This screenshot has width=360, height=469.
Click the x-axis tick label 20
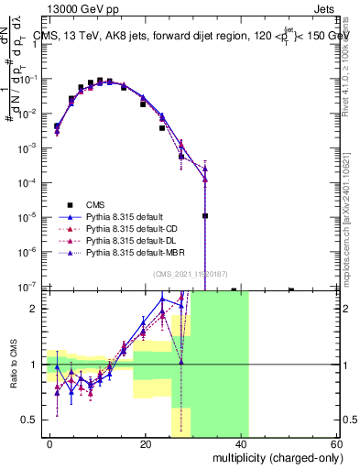click(146, 442)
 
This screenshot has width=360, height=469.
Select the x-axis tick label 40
click(241, 442)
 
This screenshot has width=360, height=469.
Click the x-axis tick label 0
click(50, 442)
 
